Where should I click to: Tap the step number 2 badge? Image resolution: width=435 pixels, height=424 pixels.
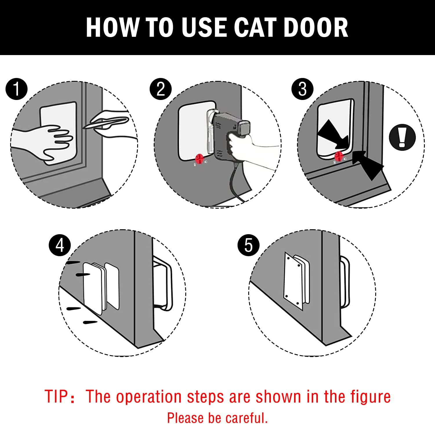[x=161, y=89]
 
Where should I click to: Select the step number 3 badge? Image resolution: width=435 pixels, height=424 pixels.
[x=302, y=89]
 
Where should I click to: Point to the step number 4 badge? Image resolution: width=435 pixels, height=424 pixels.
[x=60, y=245]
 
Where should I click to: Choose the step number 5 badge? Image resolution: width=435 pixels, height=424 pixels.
[x=248, y=245]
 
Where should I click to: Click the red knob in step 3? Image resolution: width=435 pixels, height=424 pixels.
[x=338, y=157]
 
